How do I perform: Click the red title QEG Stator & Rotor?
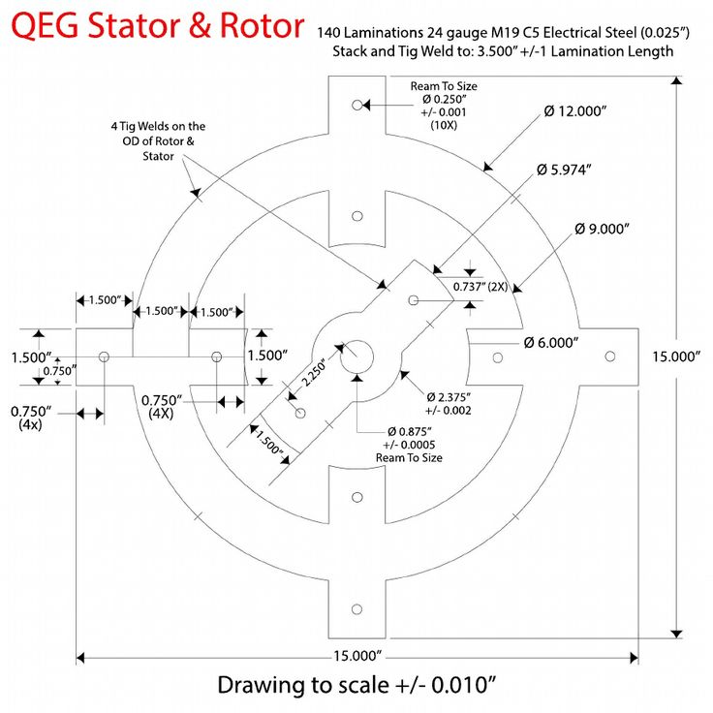point(158,26)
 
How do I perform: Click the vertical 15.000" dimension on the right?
point(675,356)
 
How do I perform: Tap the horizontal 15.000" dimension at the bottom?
point(356,657)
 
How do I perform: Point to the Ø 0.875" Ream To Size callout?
point(409,444)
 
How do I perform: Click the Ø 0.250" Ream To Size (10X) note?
point(444,106)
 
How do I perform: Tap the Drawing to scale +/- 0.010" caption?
point(356,686)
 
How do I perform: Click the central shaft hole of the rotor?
point(356,356)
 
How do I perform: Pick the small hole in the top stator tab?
point(356,104)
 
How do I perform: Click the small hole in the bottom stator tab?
point(356,608)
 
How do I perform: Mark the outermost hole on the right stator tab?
point(610,356)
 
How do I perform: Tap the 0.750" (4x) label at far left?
point(30,418)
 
